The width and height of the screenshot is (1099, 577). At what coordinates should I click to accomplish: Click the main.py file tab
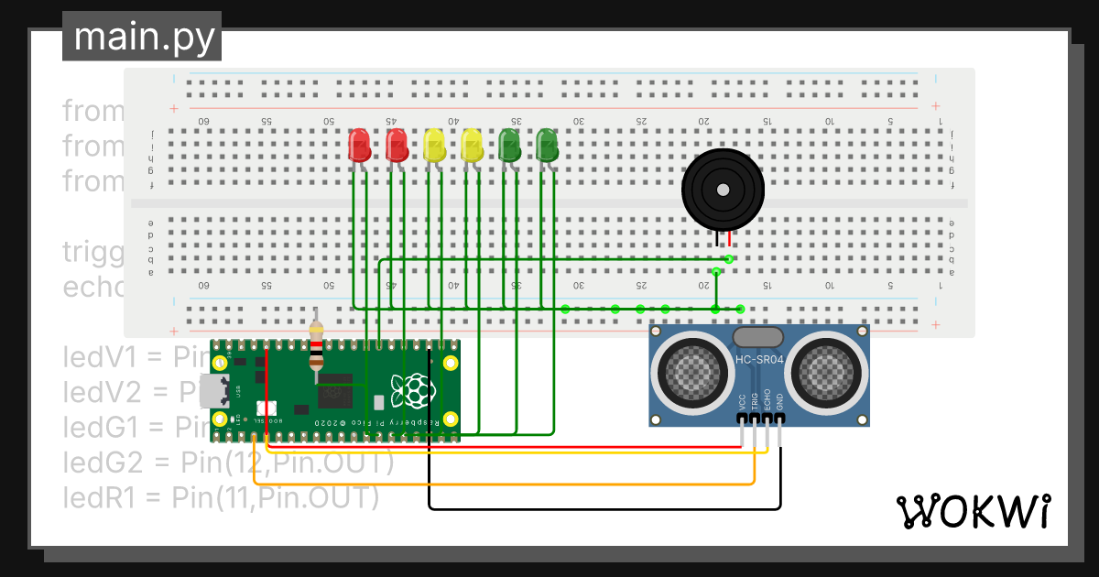click(x=142, y=37)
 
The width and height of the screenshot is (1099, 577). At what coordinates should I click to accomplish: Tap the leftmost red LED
click(x=359, y=145)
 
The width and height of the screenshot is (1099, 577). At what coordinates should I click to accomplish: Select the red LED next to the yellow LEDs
click(x=397, y=145)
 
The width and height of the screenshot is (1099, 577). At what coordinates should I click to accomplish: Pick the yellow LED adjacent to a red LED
click(x=434, y=145)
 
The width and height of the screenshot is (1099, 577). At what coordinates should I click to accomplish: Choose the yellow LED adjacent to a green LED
click(x=472, y=145)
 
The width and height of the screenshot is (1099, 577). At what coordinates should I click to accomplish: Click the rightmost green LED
click(x=547, y=145)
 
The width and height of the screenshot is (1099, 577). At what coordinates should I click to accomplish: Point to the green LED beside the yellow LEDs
click(x=509, y=145)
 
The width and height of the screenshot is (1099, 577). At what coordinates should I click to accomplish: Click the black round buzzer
click(x=723, y=190)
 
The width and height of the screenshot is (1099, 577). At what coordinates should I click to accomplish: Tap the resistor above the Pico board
click(x=317, y=346)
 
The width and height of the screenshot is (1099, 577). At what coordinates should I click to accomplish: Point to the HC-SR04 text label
click(x=759, y=360)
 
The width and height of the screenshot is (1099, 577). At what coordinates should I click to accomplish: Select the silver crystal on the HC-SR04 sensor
click(x=757, y=338)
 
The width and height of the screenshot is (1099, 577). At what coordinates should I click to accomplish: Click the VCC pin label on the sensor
click(x=742, y=401)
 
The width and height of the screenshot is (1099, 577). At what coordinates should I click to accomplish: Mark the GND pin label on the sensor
click(x=779, y=401)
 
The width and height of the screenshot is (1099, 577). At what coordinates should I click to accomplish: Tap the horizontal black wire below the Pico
click(x=604, y=508)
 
